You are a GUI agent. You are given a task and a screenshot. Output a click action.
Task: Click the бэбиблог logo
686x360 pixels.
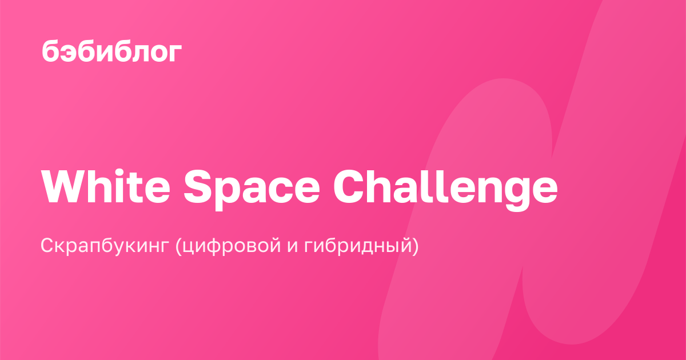point(112,51)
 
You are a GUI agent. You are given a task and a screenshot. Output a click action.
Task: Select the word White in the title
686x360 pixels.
point(106,186)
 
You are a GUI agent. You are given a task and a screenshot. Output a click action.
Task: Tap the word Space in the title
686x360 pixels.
point(252,190)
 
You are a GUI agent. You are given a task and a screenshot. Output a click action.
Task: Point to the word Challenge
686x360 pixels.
point(445,190)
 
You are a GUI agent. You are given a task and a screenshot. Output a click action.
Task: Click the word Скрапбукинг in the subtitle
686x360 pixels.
point(105,246)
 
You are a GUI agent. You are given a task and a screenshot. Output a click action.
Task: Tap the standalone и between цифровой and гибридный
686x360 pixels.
point(293,247)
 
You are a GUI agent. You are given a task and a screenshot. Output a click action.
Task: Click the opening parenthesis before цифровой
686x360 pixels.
point(178,246)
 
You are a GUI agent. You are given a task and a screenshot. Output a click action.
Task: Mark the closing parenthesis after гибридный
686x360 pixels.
point(415,246)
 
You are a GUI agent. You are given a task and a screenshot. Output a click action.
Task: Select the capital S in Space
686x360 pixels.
point(198,186)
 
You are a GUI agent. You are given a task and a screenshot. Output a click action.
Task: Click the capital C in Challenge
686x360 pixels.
point(349,186)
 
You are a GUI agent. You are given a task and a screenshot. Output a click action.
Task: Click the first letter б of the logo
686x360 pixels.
point(50,51)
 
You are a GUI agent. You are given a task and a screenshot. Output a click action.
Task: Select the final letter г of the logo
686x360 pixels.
point(174,53)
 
